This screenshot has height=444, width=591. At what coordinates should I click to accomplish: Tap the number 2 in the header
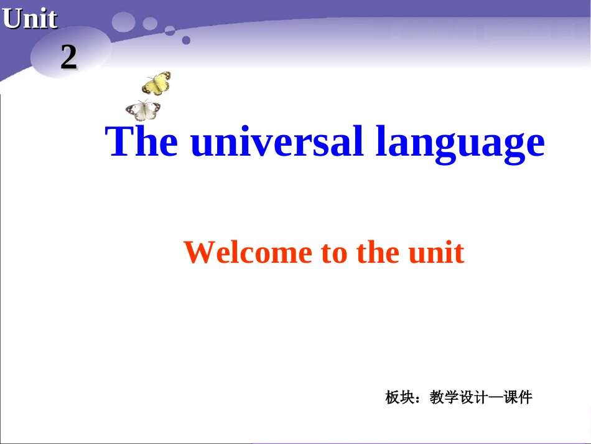[x=68, y=58]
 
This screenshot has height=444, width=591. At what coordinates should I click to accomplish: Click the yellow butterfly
[x=157, y=83]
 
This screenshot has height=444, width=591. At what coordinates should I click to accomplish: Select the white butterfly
[x=143, y=110]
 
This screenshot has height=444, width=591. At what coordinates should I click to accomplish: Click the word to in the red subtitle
[x=335, y=253]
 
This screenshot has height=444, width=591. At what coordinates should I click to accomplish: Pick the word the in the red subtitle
[x=378, y=252]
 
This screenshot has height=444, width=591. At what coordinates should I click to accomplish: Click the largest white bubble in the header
[x=124, y=22]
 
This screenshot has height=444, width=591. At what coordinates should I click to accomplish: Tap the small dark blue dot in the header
[x=185, y=40]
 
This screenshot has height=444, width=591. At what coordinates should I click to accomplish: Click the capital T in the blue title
[x=118, y=141]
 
